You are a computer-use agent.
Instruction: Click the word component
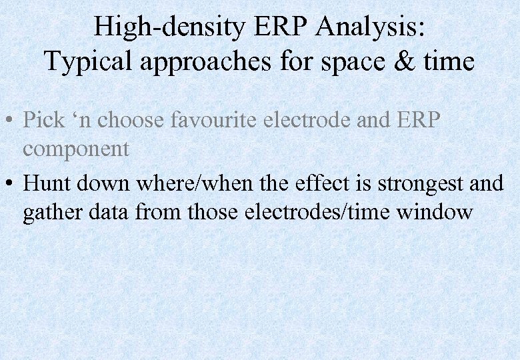[76, 149]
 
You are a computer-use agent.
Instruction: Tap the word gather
[53, 213]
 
